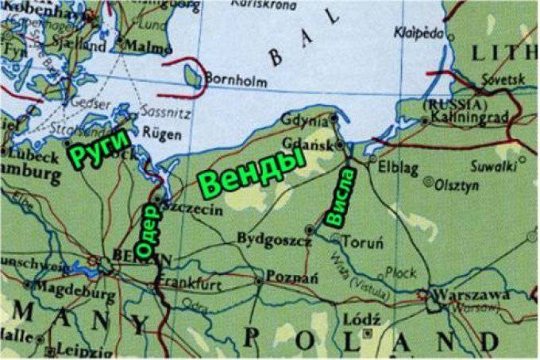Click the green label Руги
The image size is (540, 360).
pos(99,148)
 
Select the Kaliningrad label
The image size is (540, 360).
pos(476,118)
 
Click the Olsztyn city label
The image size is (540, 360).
pos(457,185)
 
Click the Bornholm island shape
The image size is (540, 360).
pos(192,76)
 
